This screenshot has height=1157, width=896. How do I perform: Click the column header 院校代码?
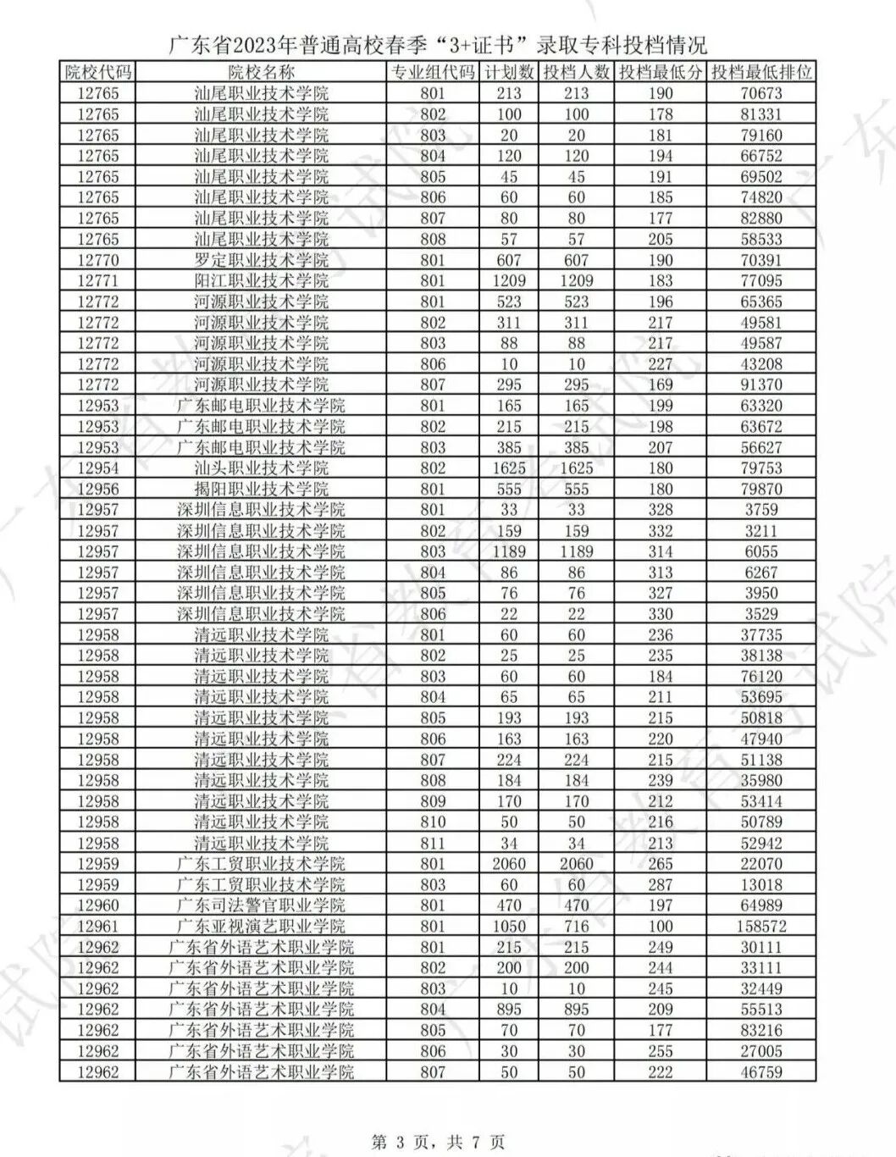[98, 73]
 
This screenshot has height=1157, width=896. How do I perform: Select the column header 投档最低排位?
[760, 73]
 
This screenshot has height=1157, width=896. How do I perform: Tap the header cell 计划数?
[508, 73]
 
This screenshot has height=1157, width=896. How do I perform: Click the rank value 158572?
[760, 927]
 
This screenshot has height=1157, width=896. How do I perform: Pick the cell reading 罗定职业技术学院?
[261, 260]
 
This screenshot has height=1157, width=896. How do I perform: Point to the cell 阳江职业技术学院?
[261, 281]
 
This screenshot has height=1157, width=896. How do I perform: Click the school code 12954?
[98, 468]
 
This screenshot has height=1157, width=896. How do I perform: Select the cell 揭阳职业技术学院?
[261, 489]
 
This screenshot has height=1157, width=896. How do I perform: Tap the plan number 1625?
[508, 468]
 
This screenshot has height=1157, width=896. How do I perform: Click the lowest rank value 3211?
[760, 531]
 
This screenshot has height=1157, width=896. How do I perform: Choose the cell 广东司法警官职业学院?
[261, 905]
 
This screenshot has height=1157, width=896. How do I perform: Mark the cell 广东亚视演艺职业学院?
[261, 927]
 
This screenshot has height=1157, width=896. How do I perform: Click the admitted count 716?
[576, 927]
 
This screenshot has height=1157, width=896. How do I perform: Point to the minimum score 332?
[660, 531]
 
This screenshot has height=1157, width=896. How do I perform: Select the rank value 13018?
[760, 885]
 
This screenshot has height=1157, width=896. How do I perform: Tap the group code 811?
[432, 843]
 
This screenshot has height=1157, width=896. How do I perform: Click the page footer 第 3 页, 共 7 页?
[439, 1142]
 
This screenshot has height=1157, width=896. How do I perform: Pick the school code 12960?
[98, 905]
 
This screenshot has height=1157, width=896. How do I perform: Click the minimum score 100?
[660, 927]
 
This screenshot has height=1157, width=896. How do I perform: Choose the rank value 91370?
[760, 385]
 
